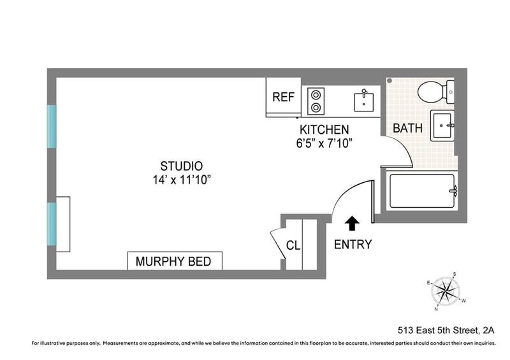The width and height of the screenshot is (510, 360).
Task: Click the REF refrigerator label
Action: click(283, 97)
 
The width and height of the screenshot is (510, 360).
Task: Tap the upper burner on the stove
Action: click(316, 95)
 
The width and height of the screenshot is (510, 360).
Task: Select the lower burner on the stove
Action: click(316, 107)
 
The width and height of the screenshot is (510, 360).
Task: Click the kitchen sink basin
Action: click(363, 103)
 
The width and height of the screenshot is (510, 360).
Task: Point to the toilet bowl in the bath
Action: click(430, 92)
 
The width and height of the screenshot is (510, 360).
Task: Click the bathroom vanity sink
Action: click(442, 126)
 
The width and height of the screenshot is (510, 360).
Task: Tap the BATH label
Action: click(407, 128)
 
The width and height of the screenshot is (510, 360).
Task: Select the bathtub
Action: click(422, 191)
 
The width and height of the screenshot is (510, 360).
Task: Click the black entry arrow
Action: click(352, 224)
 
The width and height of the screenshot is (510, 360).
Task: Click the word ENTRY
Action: click(353, 244)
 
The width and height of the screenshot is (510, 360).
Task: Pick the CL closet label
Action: click(293, 245)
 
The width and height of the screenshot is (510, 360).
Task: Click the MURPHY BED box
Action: click(175, 261)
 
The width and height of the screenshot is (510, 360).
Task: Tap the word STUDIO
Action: click(182, 166)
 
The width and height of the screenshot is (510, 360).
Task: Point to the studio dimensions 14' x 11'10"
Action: click(182, 180)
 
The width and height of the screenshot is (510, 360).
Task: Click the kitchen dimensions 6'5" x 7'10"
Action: click(324, 143)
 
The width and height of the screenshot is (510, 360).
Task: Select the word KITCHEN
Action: click(324, 129)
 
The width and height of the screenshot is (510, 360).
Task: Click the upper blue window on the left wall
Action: click(52, 126)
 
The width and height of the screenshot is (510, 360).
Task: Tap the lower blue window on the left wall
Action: click(52, 224)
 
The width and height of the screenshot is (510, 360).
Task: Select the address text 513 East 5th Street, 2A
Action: click(446, 331)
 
